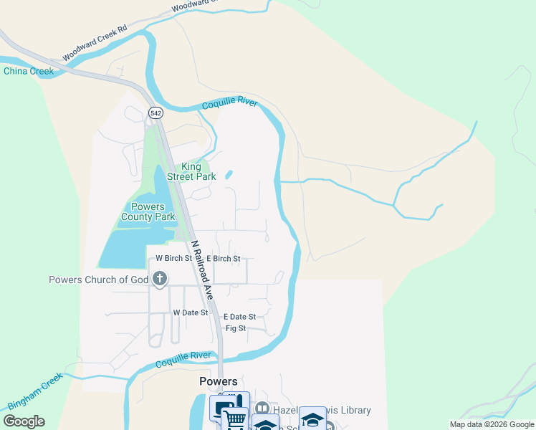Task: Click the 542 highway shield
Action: (x=155, y=113)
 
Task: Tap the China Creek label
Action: (x=29, y=71)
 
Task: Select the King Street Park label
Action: (x=191, y=171)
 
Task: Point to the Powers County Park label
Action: (x=148, y=211)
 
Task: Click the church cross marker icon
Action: (x=159, y=278)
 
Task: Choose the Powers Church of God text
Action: (x=98, y=279)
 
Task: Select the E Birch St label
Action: (x=223, y=259)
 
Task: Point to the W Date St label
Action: (x=190, y=312)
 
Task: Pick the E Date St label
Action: (x=239, y=317)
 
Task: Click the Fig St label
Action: (x=236, y=328)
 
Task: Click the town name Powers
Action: (x=218, y=381)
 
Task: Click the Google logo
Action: (x=24, y=421)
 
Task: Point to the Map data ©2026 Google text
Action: (x=491, y=424)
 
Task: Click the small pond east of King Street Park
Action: (x=229, y=174)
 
